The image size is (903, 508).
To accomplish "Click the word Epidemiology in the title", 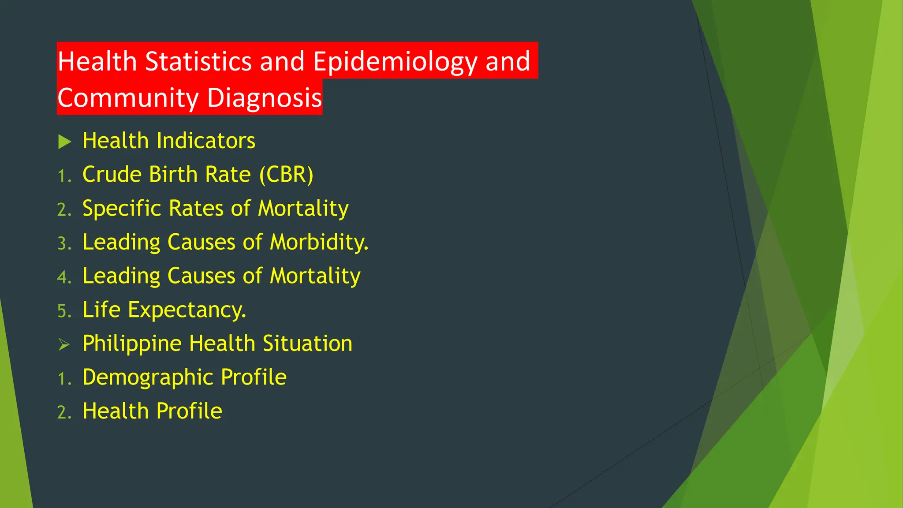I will point(395,61).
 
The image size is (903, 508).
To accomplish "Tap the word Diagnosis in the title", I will point(264,98).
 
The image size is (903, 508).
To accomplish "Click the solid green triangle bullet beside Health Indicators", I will point(64,142).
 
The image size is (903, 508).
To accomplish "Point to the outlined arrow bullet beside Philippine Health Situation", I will point(64,344).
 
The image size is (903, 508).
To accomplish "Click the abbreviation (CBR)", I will point(286,175).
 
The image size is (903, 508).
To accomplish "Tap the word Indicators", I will point(206,141).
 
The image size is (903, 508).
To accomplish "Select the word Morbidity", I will point(319,242).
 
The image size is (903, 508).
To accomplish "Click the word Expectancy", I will point(187,310).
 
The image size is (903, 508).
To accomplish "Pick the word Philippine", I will point(132,344).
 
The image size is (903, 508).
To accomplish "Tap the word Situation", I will point(307,344).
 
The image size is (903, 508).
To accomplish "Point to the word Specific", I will point(122,209).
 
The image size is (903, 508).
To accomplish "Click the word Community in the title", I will point(128,98).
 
